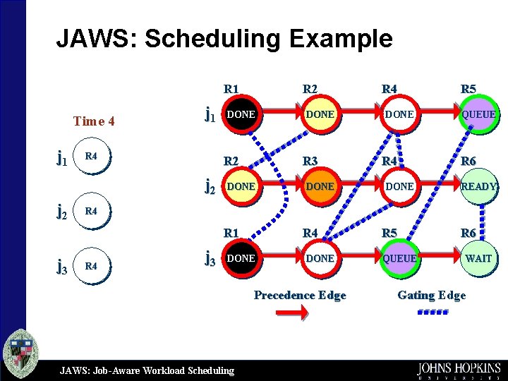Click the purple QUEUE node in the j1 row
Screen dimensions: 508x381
478,114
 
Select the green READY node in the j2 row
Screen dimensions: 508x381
478,186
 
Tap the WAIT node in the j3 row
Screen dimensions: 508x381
478,259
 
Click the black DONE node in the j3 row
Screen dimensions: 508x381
241,259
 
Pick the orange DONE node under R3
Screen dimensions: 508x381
320,186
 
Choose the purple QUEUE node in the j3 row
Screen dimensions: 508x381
399,259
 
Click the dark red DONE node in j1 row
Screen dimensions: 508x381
241,114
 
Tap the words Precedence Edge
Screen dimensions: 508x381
300,295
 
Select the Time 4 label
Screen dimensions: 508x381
94,121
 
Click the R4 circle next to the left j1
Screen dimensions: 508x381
92,156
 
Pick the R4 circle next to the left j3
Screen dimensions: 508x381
92,266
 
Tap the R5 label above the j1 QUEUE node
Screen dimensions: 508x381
468,89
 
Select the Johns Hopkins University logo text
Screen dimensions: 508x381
459,369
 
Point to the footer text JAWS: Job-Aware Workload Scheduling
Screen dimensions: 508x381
147,370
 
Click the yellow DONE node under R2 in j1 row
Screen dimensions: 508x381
320,114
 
